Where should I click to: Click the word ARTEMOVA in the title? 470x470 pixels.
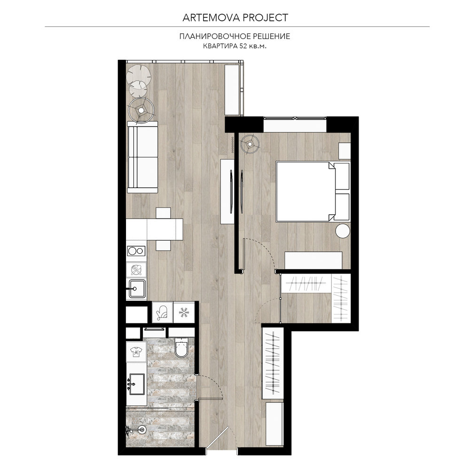(x=211, y=18)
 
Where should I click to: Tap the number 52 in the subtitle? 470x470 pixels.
(x=243, y=46)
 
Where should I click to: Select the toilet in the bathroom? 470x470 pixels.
(x=181, y=347)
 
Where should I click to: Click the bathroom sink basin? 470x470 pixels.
(x=137, y=384)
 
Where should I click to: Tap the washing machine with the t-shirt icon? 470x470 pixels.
(x=136, y=352)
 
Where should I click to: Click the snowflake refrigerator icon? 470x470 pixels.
(x=184, y=313)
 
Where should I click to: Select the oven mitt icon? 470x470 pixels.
(x=163, y=313)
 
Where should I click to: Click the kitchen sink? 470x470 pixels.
(x=137, y=289)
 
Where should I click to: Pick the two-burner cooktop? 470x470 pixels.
(x=136, y=251)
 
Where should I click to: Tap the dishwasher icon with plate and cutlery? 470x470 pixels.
(x=136, y=270)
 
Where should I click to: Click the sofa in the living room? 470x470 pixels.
(x=142, y=157)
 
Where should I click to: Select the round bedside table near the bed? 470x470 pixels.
(x=343, y=231)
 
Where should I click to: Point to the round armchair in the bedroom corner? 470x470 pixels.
(x=250, y=144)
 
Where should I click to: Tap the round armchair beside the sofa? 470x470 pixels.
(x=141, y=110)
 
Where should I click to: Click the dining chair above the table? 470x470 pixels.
(x=164, y=213)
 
